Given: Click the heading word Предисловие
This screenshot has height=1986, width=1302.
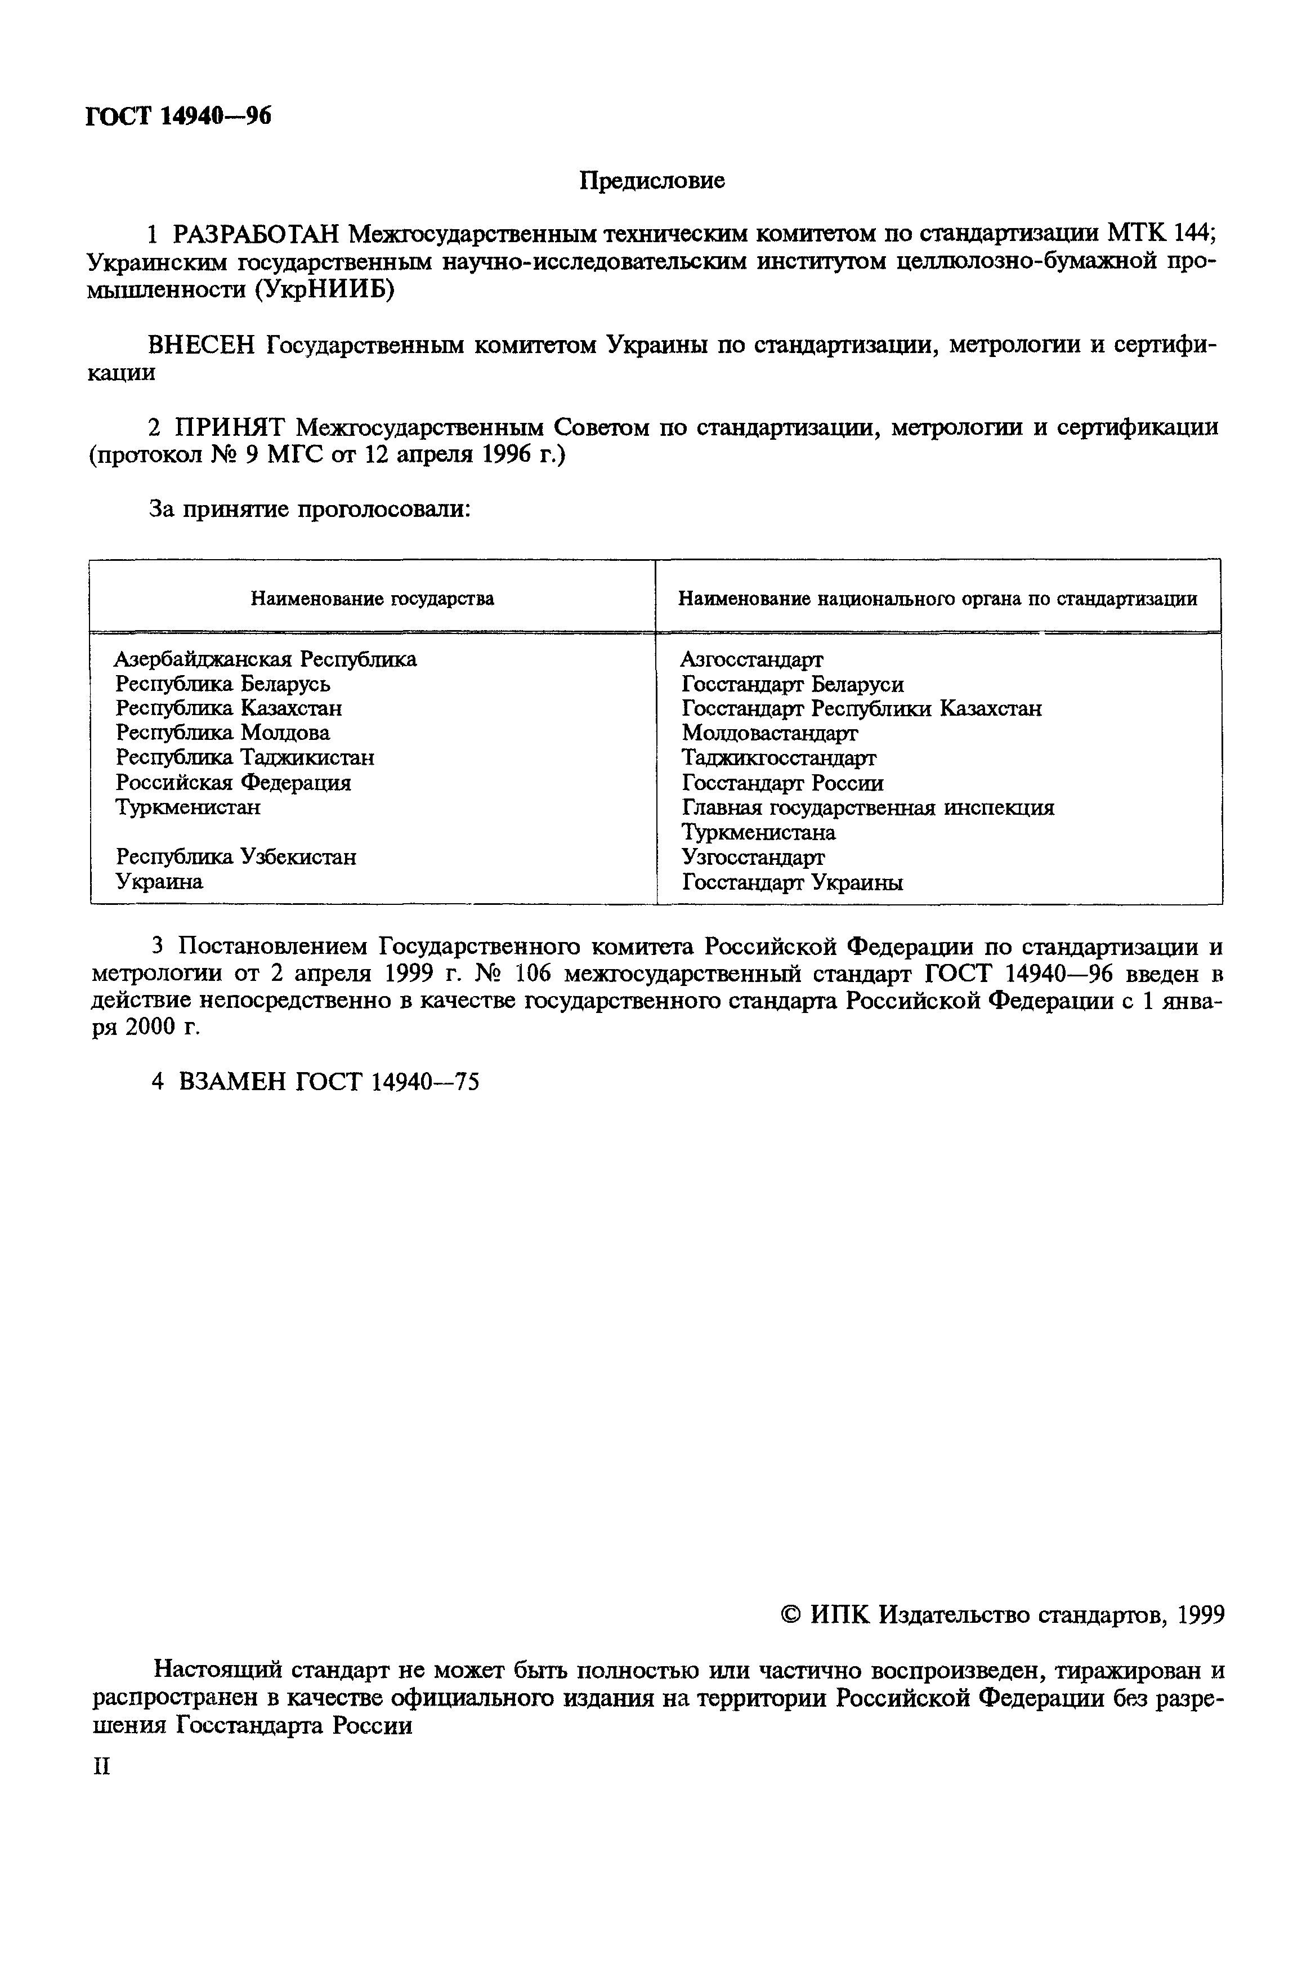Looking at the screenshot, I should point(652,180).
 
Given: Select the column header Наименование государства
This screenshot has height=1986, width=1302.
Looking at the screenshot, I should point(373,599).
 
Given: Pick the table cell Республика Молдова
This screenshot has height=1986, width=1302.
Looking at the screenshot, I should point(223,733).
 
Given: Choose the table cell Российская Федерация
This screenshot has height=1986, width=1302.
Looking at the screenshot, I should point(234,783).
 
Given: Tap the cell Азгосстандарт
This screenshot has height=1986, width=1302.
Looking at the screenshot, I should point(751,659).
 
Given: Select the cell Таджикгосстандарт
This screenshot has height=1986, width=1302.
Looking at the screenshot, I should point(778,758).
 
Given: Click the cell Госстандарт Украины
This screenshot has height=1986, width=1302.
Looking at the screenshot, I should point(791,882).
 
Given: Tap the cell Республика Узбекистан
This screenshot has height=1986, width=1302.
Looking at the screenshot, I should point(236,857).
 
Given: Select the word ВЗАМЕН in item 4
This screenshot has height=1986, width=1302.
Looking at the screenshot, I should point(232,1082).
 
